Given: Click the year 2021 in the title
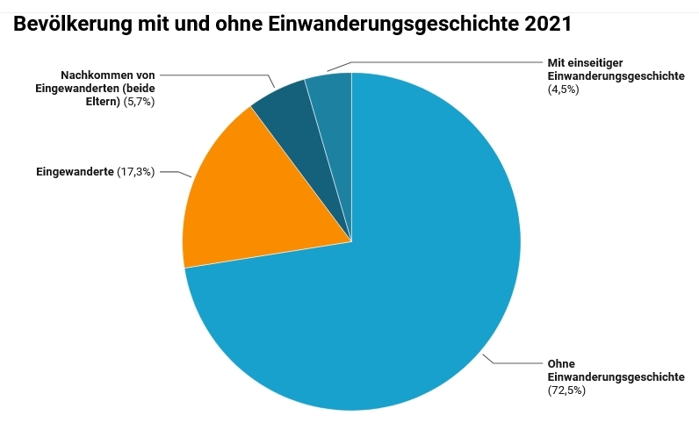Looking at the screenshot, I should click(x=547, y=25).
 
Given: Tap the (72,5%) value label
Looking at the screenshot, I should click(x=566, y=390).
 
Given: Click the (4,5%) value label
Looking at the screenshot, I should click(x=563, y=90).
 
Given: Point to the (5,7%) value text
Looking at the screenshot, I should click(x=139, y=102).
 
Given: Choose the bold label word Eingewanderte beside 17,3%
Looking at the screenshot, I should click(x=75, y=172).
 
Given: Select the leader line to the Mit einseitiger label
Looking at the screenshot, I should click(x=439, y=62).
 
